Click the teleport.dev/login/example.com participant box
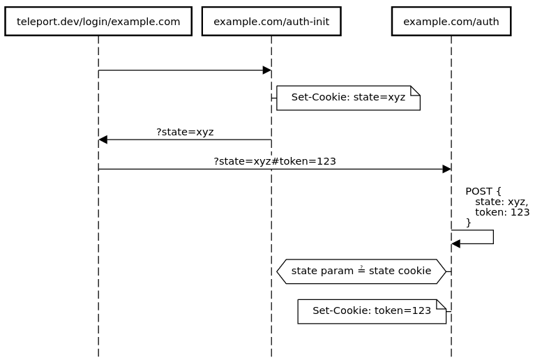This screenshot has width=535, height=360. click(x=98, y=22)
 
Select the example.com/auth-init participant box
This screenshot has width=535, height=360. click(x=271, y=22)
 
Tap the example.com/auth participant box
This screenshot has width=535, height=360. click(x=451, y=22)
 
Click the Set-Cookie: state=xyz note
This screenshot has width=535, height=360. click(x=348, y=98)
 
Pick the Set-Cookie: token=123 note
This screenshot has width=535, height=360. click(x=372, y=311)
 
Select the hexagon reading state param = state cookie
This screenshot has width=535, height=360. click(x=361, y=271)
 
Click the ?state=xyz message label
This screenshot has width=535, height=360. click(x=185, y=132)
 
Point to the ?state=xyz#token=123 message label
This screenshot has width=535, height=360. click(x=275, y=161)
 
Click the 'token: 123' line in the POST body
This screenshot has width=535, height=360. click(x=502, y=212)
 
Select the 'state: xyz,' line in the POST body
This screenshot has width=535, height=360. click(x=502, y=202)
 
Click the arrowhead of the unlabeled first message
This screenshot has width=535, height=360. click(x=266, y=70)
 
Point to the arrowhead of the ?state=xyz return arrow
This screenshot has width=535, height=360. click(x=103, y=140)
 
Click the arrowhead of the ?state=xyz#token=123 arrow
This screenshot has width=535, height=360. click(x=446, y=169)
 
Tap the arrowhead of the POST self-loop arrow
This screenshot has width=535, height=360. click(x=456, y=243)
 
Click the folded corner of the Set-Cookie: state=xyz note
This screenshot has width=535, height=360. click(x=415, y=91)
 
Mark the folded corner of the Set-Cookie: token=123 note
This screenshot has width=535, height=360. click(x=441, y=304)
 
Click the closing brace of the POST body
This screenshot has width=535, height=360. click(x=469, y=223)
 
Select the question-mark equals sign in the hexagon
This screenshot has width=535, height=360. click(x=361, y=270)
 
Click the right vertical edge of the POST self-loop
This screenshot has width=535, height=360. click(x=493, y=237)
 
